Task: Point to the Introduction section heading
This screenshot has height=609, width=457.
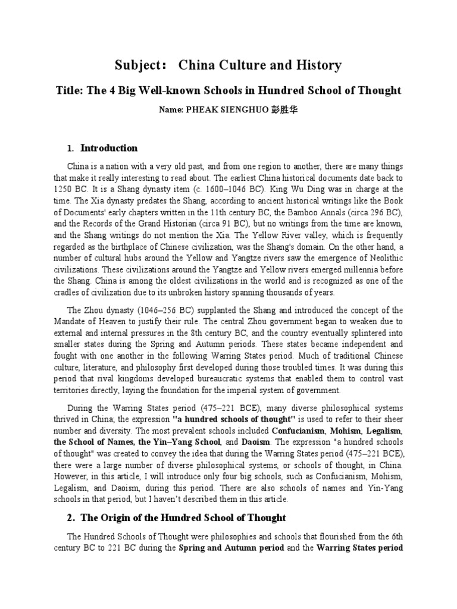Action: tap(109, 148)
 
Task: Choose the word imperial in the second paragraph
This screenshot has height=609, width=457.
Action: tap(252, 390)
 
